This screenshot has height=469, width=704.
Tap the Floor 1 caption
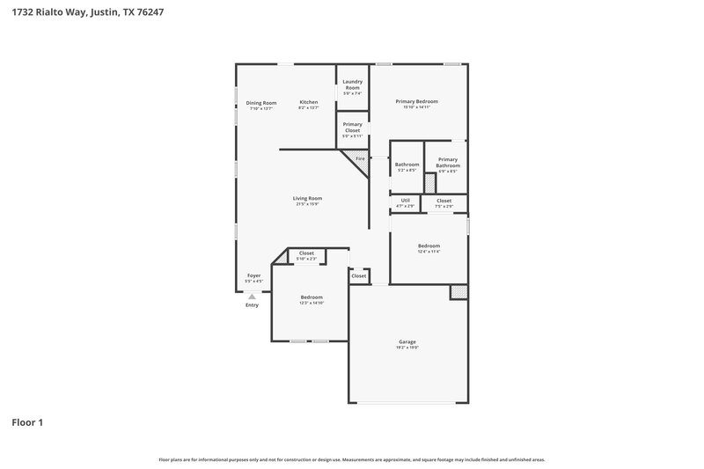point(26,422)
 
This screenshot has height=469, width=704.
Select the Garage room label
point(407,341)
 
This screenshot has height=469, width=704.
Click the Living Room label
point(307,199)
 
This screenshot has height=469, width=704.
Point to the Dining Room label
point(261,103)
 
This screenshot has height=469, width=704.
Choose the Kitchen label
point(308,103)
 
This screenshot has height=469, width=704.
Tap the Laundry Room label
point(352,84)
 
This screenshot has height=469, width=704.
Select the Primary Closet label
point(352,128)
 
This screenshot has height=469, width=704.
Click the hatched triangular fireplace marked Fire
point(358,160)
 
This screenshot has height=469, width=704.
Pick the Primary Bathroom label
point(448,163)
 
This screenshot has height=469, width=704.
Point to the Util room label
point(406,201)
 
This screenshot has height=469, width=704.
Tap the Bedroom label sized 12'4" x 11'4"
point(429,246)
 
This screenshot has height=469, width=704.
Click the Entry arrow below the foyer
point(252,297)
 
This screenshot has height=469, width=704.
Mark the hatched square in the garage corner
point(458,291)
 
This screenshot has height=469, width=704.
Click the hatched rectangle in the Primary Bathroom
point(429,183)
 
